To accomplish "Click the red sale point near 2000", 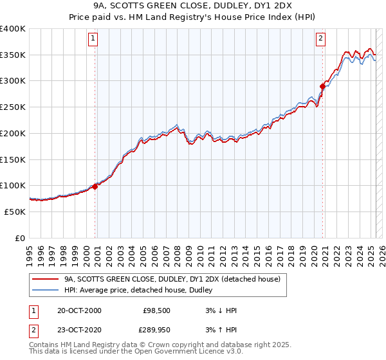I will coord(95,186).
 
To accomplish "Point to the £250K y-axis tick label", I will coord(12,107).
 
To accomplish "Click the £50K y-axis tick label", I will coord(15,212).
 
